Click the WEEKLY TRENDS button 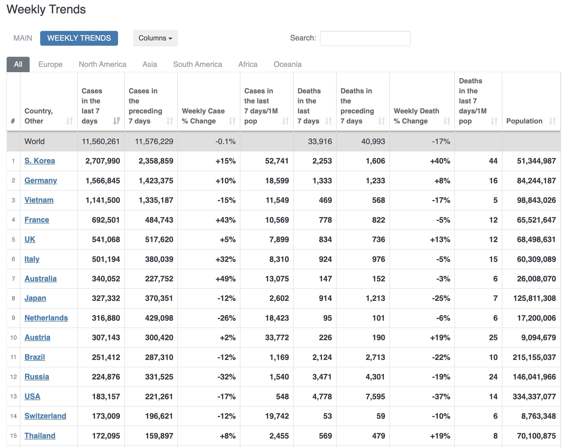pyautogui.click(x=79, y=38)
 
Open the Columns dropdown pyautogui.click(x=155, y=38)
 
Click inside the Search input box pyautogui.click(x=365, y=38)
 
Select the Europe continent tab pyautogui.click(x=51, y=64)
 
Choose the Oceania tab pyautogui.click(x=287, y=64)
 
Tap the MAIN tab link pyautogui.click(x=23, y=38)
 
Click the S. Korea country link pyautogui.click(x=40, y=161)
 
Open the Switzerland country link pyautogui.click(x=45, y=416)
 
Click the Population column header pyautogui.click(x=524, y=121)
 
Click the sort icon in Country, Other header pyautogui.click(x=69, y=121)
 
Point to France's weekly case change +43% pyautogui.click(x=225, y=220)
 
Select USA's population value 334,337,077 pyautogui.click(x=534, y=396)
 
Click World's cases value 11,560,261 pyautogui.click(x=100, y=142)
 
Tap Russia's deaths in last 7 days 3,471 pyautogui.click(x=322, y=377)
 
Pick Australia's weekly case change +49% pyautogui.click(x=225, y=279)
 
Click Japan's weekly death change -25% pyautogui.click(x=441, y=298)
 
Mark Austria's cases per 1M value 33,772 pyautogui.click(x=277, y=337)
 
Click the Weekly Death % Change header pyautogui.click(x=416, y=116)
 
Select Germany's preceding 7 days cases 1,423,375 pyautogui.click(x=156, y=181)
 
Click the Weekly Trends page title pyautogui.click(x=46, y=9)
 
